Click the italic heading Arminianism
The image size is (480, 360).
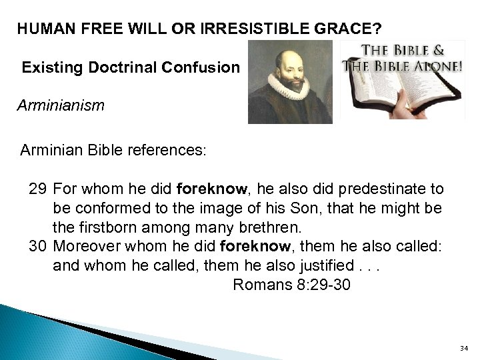[x=61, y=105]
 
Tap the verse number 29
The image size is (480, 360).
[x=37, y=189]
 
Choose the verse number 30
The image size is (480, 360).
[x=37, y=246]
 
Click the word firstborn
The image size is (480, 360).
[x=107, y=227]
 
